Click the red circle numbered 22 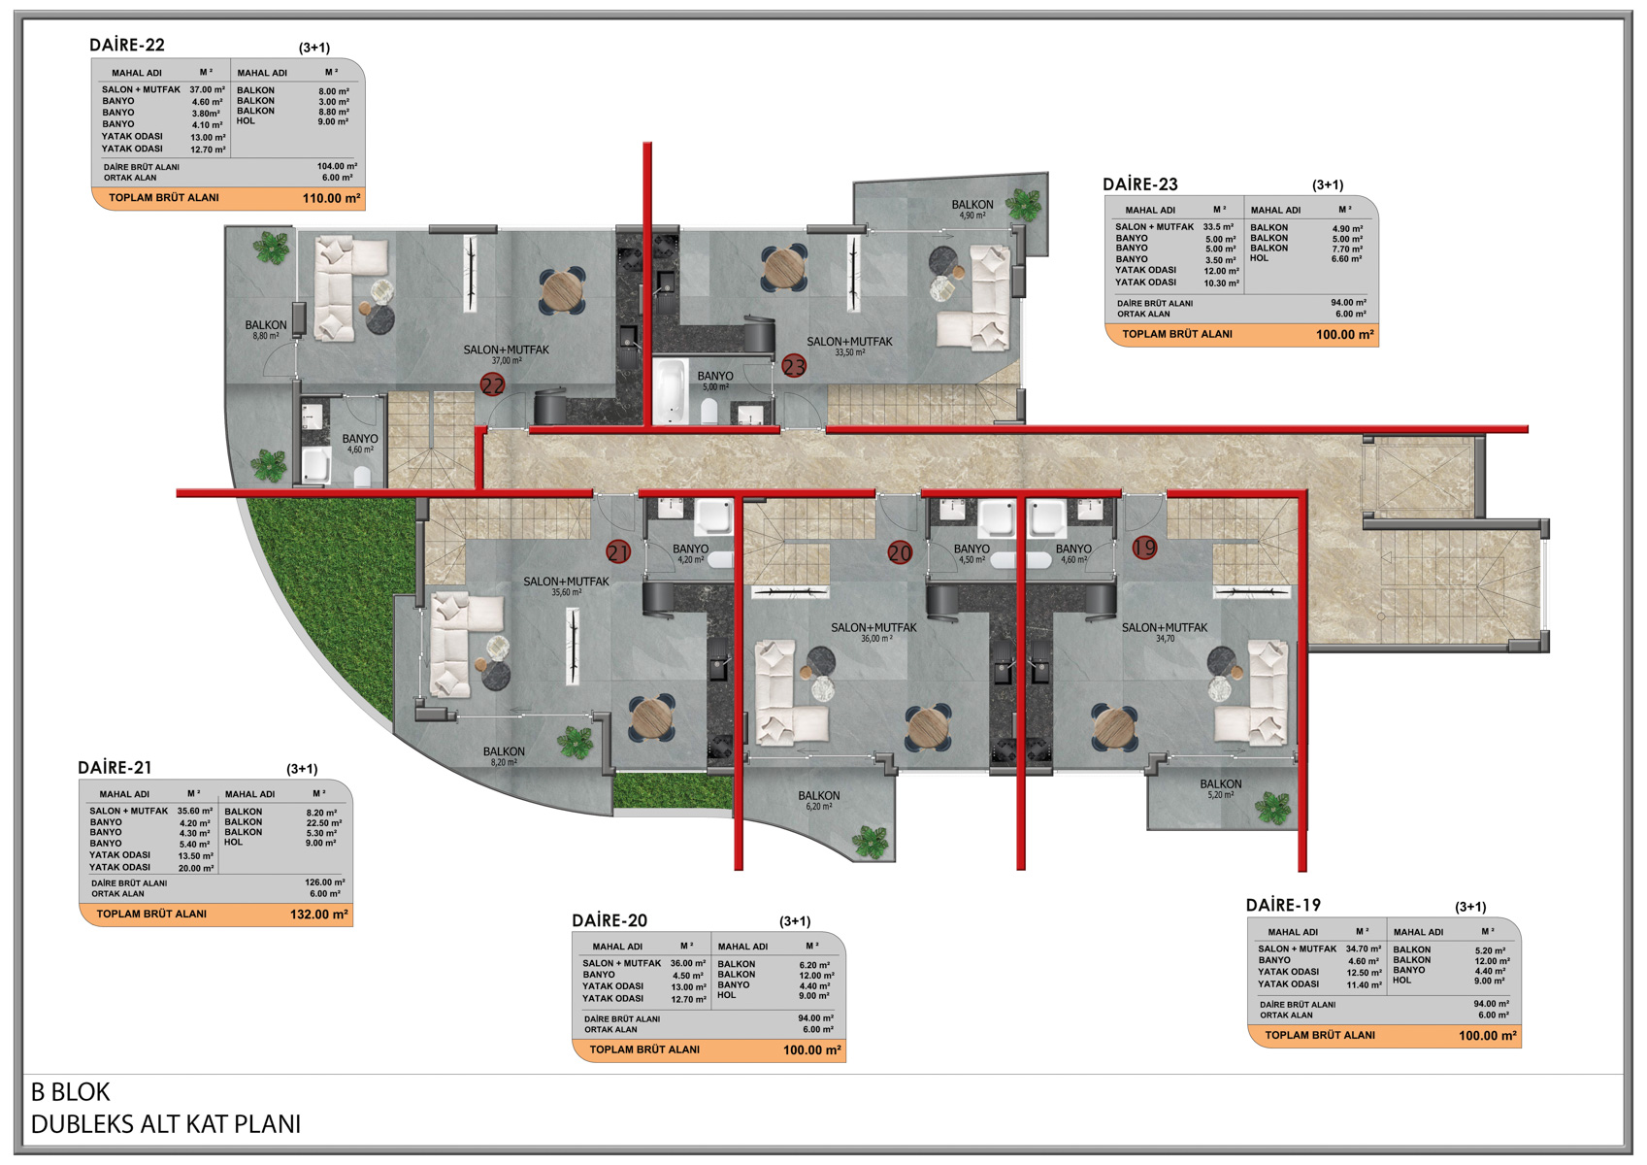[x=493, y=384]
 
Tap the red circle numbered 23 [x=794, y=366]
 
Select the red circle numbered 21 [x=617, y=552]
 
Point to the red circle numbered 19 [x=1145, y=548]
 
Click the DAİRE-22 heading [x=127, y=45]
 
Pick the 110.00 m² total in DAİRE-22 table [x=331, y=199]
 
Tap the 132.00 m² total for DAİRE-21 [x=319, y=915]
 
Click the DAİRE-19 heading [x=1283, y=905]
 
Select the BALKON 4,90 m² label [x=972, y=209]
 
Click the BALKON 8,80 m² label [x=265, y=329]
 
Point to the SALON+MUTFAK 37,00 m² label [x=506, y=354]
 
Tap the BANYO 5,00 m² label [x=715, y=381]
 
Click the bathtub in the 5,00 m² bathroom [x=670, y=390]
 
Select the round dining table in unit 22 [x=563, y=292]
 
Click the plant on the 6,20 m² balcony [x=870, y=842]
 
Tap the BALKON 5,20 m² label [x=1221, y=789]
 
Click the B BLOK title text [x=71, y=1091]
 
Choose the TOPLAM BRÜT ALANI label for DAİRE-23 [x=1177, y=334]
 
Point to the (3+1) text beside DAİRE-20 [x=795, y=920]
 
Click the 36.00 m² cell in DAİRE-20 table [x=687, y=963]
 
